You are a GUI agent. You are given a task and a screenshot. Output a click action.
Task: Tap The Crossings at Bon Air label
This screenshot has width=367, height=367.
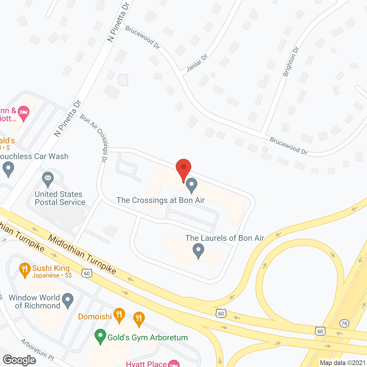161,200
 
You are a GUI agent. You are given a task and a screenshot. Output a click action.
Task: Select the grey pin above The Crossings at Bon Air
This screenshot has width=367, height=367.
191,185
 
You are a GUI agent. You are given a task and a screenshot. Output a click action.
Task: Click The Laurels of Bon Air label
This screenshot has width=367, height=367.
225,238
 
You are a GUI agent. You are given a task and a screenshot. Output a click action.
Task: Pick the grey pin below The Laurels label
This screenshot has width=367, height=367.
198,250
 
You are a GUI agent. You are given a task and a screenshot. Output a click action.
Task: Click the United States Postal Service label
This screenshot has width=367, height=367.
60,198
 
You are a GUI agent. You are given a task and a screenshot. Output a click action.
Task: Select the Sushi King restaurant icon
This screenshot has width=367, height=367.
25,270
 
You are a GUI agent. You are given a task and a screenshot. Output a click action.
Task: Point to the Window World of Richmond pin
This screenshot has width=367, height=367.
68,300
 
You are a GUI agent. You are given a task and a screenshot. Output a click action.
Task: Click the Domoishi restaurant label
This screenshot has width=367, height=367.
95,317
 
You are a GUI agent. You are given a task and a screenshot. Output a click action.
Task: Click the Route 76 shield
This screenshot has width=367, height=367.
344,323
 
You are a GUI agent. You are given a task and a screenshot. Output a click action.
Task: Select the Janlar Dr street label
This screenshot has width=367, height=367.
197,63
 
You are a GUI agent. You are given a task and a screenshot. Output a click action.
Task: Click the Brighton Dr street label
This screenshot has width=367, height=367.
291,62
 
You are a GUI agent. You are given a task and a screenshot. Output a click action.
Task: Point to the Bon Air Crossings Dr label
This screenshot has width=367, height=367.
94,138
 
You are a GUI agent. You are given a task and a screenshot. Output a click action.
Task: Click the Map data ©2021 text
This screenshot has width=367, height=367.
343,363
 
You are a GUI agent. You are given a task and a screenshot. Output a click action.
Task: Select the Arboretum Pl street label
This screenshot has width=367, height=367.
38,349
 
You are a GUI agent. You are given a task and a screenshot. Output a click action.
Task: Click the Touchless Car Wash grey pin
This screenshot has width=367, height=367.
8,169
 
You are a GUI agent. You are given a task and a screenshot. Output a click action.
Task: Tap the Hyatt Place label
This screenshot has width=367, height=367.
147,364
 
